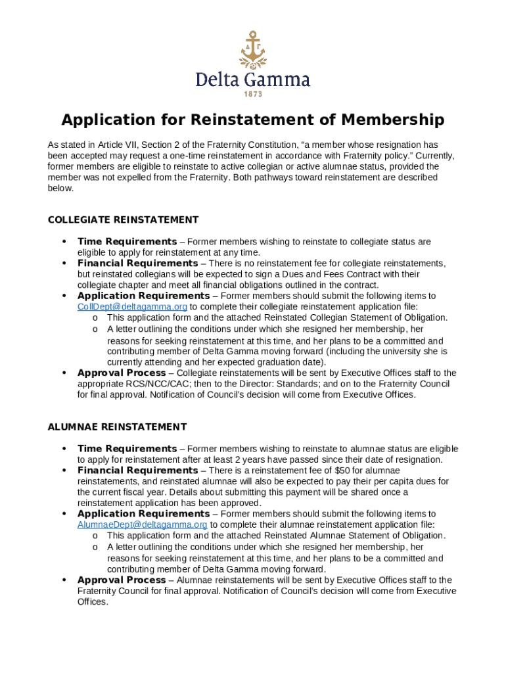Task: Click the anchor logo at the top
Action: pyautogui.click(x=252, y=50)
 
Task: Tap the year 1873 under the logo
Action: pyautogui.click(x=253, y=95)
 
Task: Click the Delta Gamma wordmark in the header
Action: pyautogui.click(x=253, y=80)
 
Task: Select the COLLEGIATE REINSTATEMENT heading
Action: pyautogui.click(x=123, y=220)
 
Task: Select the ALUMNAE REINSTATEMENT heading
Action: pyautogui.click(x=117, y=427)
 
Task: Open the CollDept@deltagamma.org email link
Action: pyautogui.click(x=132, y=307)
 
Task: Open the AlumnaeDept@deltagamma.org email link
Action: pyautogui.click(x=142, y=524)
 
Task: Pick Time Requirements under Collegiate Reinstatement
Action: pyautogui.click(x=127, y=242)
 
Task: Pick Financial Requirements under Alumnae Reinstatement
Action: pyautogui.click(x=137, y=471)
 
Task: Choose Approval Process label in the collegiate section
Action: pyautogui.click(x=122, y=373)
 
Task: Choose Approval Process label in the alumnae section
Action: pyautogui.click(x=122, y=580)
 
